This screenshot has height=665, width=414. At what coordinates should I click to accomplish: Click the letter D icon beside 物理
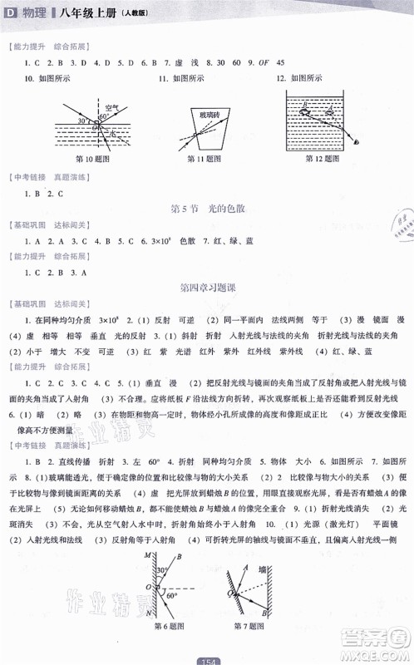point(12,12)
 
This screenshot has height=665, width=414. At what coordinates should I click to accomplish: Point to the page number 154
point(206,659)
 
